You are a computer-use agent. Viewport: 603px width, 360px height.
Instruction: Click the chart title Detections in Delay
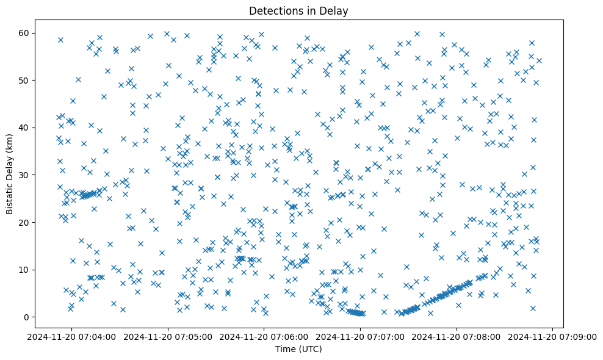point(298,10)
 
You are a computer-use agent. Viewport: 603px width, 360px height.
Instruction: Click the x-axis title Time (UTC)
point(298,350)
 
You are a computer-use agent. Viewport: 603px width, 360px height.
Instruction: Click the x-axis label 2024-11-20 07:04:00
point(71,336)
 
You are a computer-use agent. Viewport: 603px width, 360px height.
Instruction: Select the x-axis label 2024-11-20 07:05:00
point(168,336)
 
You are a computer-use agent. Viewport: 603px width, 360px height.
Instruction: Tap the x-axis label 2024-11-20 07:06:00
point(264,336)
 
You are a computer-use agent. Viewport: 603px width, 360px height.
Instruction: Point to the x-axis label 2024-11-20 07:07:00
point(360,336)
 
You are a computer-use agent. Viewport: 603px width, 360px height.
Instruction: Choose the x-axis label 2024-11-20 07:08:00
point(457,336)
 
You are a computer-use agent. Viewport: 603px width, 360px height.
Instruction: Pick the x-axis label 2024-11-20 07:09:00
point(553,336)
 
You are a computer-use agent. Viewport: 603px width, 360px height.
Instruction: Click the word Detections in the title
point(272,10)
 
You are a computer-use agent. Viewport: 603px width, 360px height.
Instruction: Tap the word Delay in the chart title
point(336,10)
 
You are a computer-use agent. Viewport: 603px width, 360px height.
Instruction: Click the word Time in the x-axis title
point(284,350)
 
